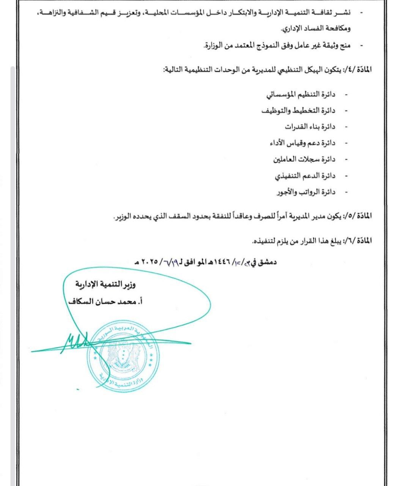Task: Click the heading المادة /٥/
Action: point(357,216)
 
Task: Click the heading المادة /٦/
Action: point(357,241)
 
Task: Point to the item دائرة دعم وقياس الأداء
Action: point(302,143)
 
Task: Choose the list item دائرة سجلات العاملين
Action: point(305,159)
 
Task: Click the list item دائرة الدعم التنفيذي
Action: point(305,176)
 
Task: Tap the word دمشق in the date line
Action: point(267,262)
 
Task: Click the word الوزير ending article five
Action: point(121,216)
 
